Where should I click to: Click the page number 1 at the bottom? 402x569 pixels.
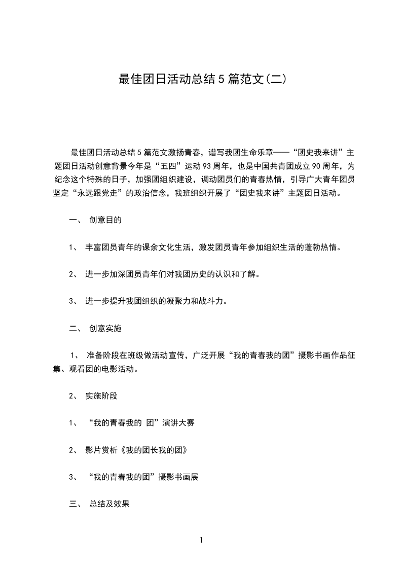[x=201, y=540]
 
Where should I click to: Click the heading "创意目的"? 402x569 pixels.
[x=105, y=220]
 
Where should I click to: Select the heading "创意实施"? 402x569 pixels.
[x=105, y=328]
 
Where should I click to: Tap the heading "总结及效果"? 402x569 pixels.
[x=109, y=504]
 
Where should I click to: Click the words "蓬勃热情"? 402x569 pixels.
[x=322, y=247]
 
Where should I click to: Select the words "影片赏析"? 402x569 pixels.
[x=101, y=450]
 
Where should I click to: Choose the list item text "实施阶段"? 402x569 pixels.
[x=101, y=396]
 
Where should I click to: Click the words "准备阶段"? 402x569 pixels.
[x=103, y=355]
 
